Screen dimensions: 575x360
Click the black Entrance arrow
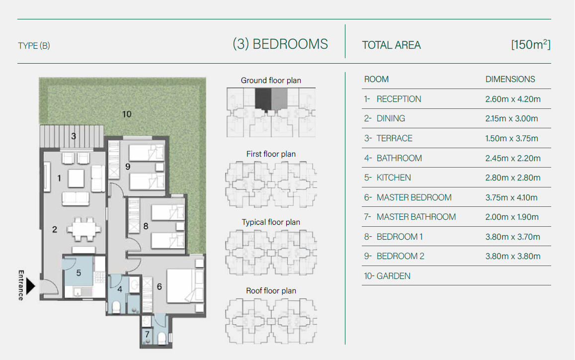point(30,286)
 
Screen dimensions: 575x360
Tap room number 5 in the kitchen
point(79,273)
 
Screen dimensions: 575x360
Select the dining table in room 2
point(83,230)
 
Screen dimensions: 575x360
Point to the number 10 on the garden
point(127,114)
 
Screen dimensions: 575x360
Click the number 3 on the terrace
point(74,136)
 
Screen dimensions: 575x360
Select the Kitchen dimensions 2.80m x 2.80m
point(513,178)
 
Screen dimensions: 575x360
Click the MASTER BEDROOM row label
point(414,197)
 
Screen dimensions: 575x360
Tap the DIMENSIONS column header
point(510,79)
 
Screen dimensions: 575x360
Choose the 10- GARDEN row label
point(387,276)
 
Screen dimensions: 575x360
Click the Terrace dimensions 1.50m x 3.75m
point(511,138)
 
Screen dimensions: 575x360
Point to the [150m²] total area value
point(531,44)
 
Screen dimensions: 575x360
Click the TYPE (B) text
point(34,46)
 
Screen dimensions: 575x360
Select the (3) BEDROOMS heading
point(280,44)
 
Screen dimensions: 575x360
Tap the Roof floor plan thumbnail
point(271,321)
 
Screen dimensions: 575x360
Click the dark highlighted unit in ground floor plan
point(263,99)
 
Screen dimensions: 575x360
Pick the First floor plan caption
point(271,154)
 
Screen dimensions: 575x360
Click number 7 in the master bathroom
point(147,334)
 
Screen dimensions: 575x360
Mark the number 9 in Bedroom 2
point(128,167)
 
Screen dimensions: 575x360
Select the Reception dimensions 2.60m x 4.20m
point(513,99)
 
